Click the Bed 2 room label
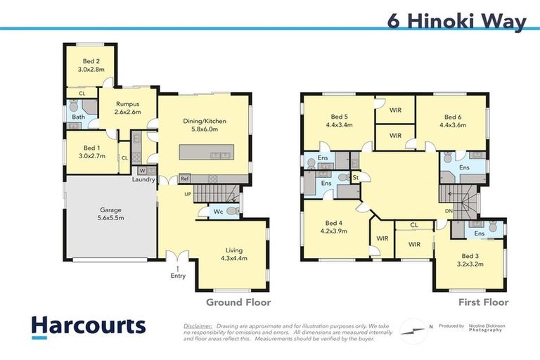coord(90,62)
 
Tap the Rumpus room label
coord(127,104)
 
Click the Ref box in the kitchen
coord(184,179)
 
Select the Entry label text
coord(178,276)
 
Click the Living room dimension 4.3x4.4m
coord(233,258)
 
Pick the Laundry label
coord(143,180)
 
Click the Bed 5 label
coord(340,117)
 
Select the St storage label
coord(356,177)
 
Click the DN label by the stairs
coord(449,210)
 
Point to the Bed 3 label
coord(469,256)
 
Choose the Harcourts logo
coord(88,326)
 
